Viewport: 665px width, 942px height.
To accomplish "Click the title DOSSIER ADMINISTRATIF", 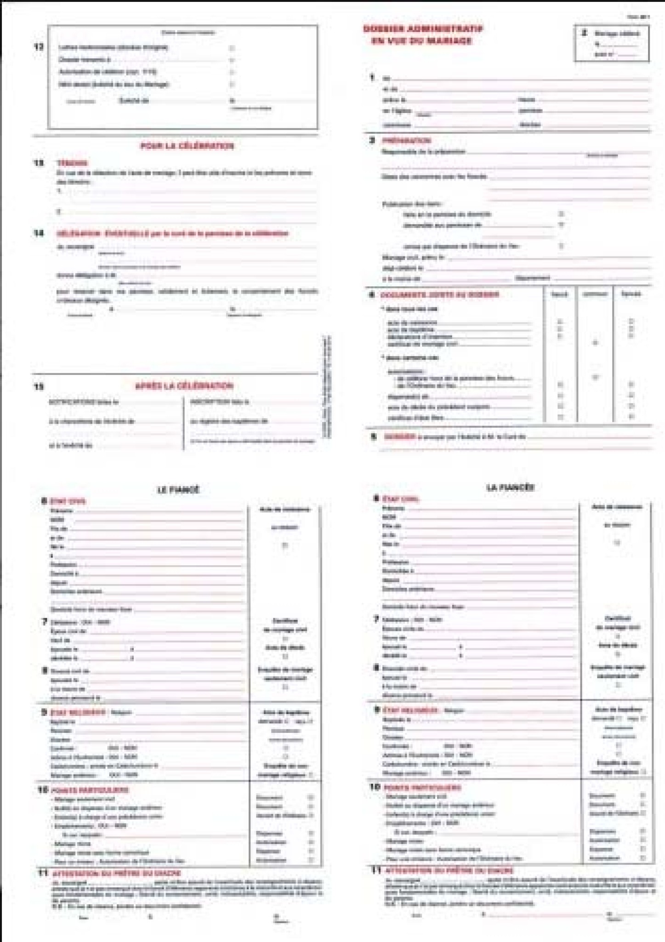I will click(423, 29).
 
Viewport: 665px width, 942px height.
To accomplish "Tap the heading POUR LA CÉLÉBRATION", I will click(187, 146).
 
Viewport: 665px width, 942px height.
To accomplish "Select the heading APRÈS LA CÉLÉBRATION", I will click(184, 386).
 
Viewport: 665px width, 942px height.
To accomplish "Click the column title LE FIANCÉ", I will click(178, 490).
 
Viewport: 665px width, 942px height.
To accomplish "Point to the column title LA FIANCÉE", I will click(510, 487).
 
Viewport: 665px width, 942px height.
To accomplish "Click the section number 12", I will click(39, 46).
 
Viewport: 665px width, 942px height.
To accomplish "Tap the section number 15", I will click(39, 386).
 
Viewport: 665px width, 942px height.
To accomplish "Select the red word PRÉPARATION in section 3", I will click(406, 141).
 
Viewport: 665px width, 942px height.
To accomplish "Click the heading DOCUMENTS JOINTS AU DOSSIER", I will click(440, 295).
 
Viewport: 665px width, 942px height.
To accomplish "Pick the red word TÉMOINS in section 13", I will click(72, 163).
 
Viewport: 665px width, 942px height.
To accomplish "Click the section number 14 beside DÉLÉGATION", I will click(39, 233).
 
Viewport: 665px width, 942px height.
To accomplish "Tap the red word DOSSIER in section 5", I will click(400, 436).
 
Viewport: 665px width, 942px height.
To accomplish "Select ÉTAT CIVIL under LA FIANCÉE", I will click(401, 499).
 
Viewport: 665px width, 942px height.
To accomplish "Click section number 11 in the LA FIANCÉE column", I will click(376, 869).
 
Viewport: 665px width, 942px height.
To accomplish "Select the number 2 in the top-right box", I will click(585, 33).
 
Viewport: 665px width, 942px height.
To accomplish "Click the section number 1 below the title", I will click(372, 77).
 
